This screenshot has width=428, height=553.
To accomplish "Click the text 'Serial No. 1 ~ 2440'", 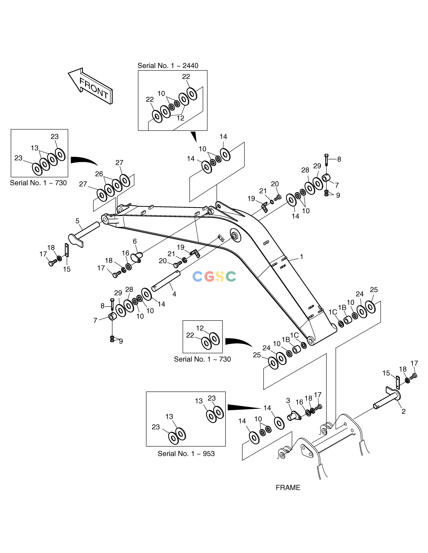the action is click(x=168, y=66).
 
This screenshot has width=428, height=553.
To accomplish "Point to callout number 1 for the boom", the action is click(x=301, y=257).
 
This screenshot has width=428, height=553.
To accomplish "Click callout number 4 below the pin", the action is click(x=174, y=294).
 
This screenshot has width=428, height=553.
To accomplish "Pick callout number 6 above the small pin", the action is click(x=135, y=241).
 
